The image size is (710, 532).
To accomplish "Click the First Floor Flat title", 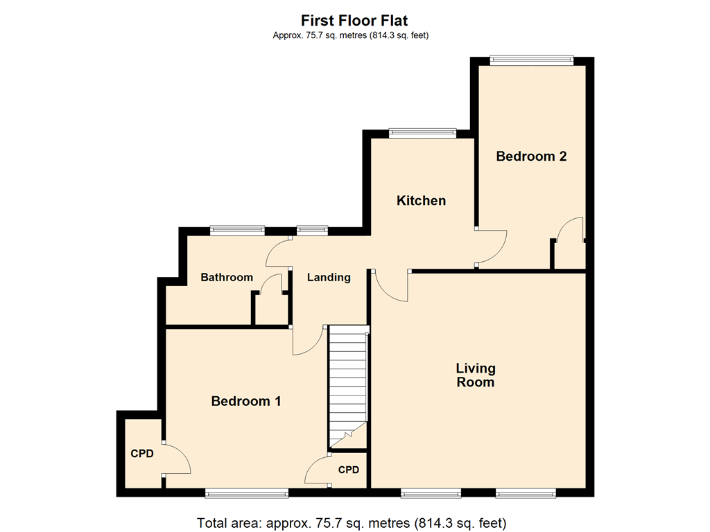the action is [x=354, y=20].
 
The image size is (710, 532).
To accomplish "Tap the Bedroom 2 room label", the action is [x=531, y=156].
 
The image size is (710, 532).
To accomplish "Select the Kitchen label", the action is [x=421, y=200].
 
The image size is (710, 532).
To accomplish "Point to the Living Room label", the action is [x=476, y=375].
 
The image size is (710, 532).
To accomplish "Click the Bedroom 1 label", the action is [x=246, y=401].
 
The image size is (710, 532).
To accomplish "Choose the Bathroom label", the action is [x=227, y=277].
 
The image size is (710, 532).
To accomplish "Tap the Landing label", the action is [x=329, y=277].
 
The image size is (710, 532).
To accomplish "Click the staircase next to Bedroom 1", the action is [x=348, y=387].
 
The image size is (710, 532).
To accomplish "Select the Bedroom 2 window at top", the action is [x=532, y=60].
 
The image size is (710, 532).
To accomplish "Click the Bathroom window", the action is [x=237, y=231].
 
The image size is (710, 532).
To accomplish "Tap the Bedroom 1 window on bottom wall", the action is [x=246, y=493].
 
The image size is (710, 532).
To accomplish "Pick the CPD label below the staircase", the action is [x=349, y=470].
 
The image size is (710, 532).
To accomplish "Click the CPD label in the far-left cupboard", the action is [x=142, y=453].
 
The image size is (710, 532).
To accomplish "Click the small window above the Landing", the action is [x=313, y=231].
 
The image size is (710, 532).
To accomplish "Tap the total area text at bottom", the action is [x=352, y=523].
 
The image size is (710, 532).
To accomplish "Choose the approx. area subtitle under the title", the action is [x=350, y=35].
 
